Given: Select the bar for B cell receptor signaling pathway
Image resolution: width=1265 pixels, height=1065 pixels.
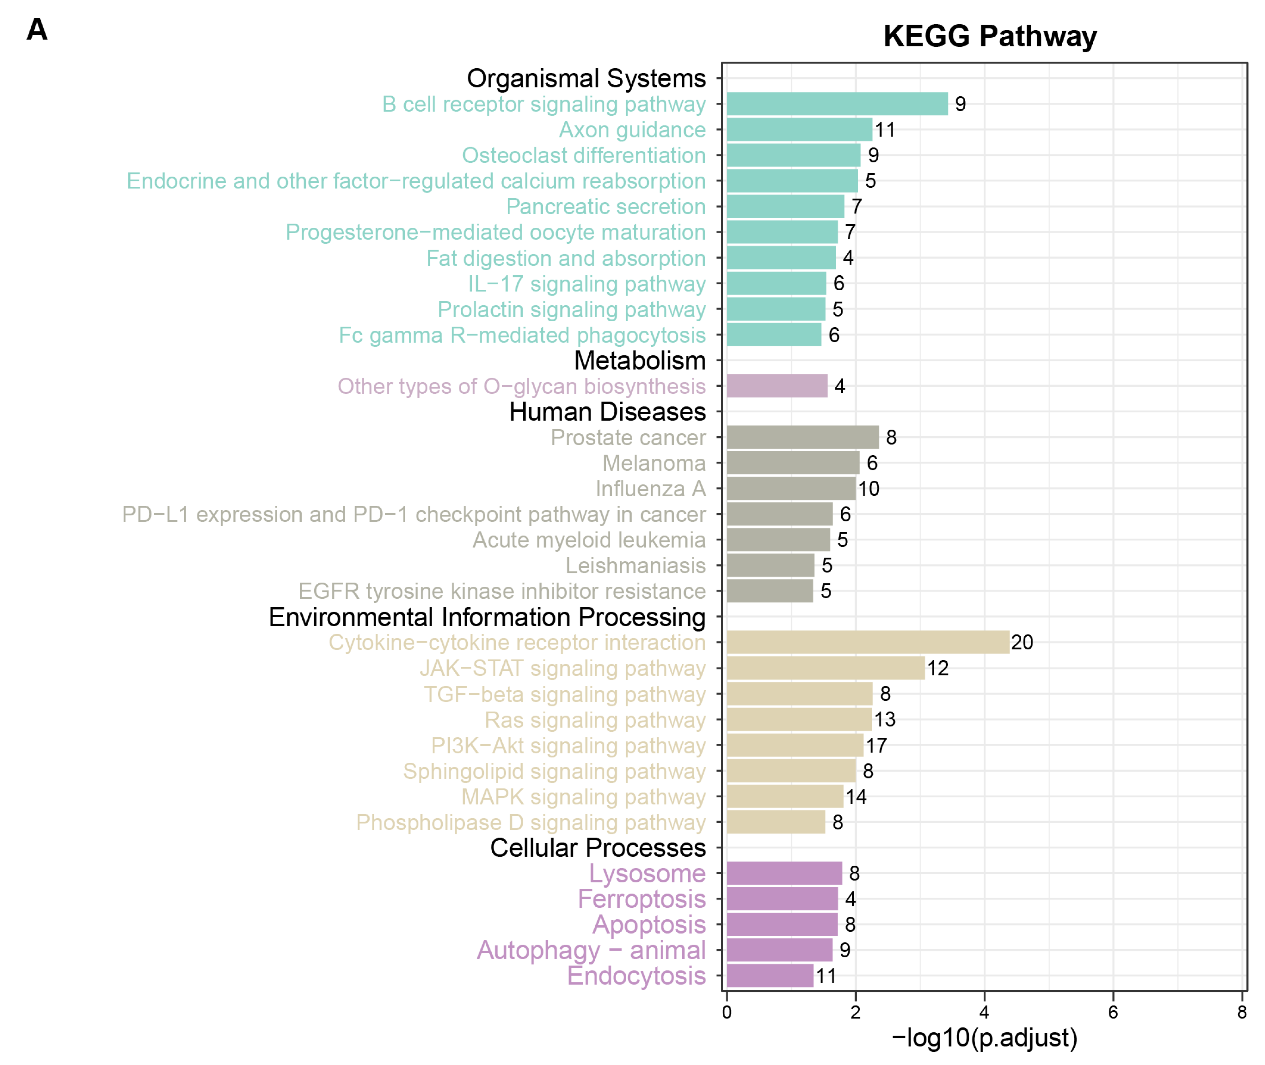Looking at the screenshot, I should click(x=837, y=104).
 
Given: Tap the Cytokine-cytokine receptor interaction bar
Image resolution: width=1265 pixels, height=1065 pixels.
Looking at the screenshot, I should click(x=868, y=642).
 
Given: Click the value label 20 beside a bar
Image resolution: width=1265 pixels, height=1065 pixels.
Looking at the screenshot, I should click(x=1022, y=642).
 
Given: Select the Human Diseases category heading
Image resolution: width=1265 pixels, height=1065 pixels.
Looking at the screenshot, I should click(x=607, y=412).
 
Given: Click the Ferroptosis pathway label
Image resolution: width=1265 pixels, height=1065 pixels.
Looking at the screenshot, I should click(x=642, y=899).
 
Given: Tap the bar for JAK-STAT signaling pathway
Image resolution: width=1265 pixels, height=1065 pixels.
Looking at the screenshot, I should click(x=825, y=668).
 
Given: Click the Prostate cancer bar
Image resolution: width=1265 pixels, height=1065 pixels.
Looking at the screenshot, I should click(x=802, y=437).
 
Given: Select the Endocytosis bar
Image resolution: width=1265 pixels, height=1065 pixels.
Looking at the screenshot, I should click(x=770, y=976).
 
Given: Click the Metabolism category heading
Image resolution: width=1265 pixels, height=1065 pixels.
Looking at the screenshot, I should click(x=640, y=360).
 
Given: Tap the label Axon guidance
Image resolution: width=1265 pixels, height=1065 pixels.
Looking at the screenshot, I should click(x=632, y=130).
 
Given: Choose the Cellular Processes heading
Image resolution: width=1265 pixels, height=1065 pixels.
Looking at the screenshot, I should click(x=598, y=848).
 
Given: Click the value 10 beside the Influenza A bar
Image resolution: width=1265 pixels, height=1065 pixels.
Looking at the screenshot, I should click(x=869, y=488).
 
